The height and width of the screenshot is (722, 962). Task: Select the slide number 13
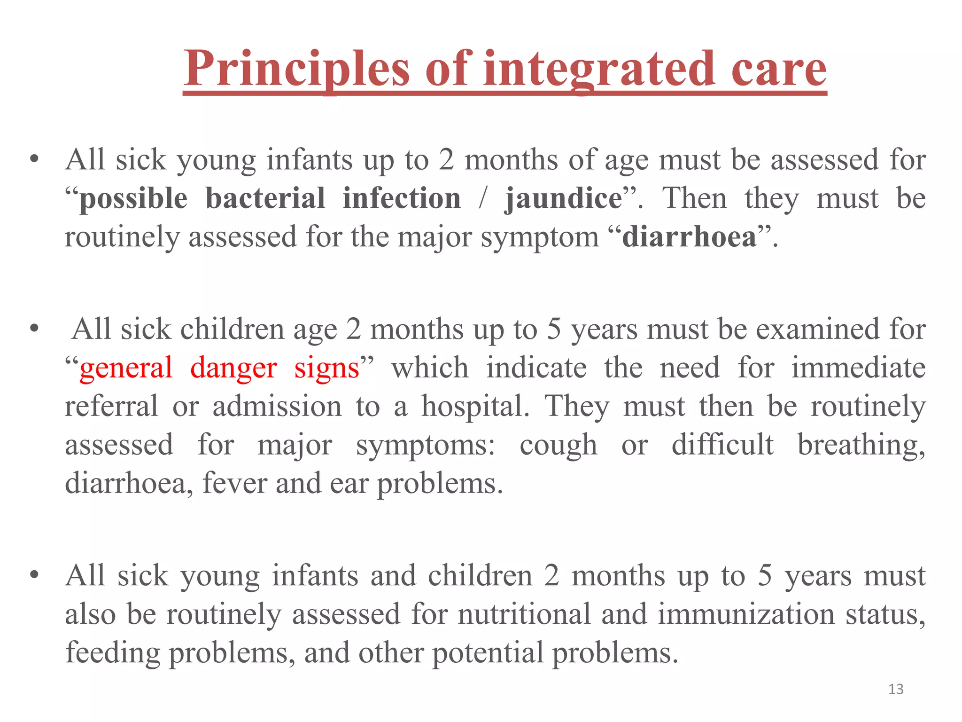click(x=896, y=689)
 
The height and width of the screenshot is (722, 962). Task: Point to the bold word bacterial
click(x=265, y=198)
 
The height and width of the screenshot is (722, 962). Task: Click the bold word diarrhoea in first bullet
click(x=689, y=237)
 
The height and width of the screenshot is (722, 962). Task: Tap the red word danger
click(x=233, y=368)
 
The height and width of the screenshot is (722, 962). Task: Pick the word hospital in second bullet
click(x=474, y=407)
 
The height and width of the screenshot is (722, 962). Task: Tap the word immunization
click(x=746, y=614)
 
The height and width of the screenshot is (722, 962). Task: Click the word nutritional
click(x=524, y=614)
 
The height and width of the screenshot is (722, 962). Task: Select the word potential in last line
click(x=487, y=653)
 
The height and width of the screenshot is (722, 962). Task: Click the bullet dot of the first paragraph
click(x=34, y=159)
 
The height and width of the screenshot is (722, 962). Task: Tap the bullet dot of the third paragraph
click(x=34, y=575)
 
